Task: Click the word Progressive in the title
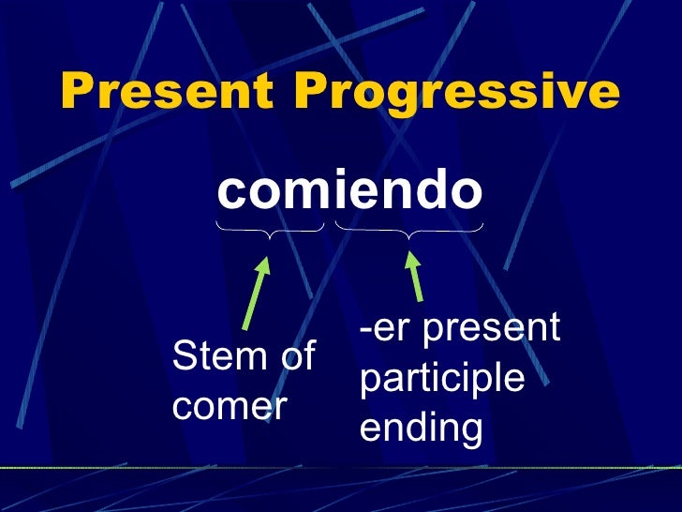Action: [458, 92]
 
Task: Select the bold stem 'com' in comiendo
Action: [269, 192]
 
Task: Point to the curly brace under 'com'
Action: [270, 230]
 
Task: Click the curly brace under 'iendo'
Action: [409, 230]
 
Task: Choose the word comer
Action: [230, 407]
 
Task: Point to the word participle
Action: [441, 379]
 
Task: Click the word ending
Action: [421, 429]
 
